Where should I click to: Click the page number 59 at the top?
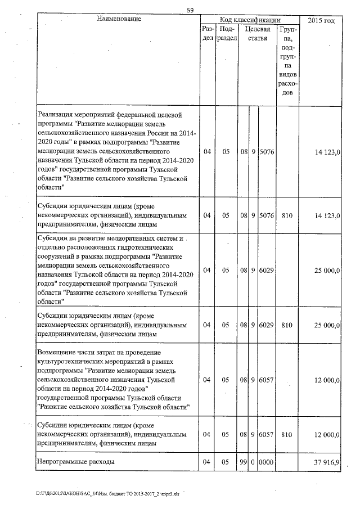[191, 9]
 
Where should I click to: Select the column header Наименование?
[118, 20]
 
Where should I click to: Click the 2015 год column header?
[321, 20]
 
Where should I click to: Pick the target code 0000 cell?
[266, 462]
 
